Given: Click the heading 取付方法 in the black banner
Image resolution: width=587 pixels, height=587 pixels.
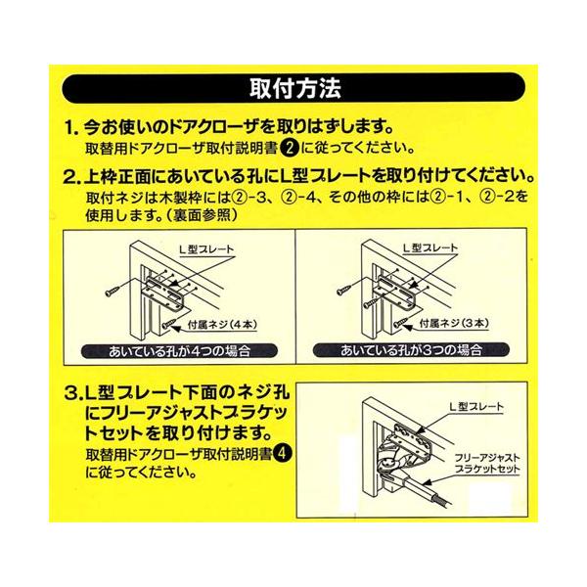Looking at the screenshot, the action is point(295,89).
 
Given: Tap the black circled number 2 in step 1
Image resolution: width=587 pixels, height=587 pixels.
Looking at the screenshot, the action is point(290,149).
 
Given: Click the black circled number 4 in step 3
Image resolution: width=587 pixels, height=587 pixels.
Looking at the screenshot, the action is point(283,453).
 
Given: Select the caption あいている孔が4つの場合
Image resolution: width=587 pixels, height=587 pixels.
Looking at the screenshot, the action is point(179,351).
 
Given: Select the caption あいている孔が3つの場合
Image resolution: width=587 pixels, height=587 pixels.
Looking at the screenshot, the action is point(411,350).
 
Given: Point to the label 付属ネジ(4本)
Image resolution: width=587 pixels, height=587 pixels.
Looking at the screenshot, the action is point(222,324).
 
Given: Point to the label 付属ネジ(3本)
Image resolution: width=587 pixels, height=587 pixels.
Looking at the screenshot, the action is point(454,323).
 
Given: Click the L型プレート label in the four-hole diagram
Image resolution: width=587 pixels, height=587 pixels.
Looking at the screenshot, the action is point(206,249).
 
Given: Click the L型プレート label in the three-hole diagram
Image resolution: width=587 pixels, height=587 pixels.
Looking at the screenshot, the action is point(430,248).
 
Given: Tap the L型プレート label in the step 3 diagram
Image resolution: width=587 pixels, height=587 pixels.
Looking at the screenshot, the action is point(476,406).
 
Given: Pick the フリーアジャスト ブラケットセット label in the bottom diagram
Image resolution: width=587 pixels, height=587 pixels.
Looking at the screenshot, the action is point(487,463).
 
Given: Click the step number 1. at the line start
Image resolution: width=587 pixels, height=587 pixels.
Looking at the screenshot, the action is point(71,128).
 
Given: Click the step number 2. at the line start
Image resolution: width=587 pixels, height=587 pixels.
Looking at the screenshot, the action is point(71,177).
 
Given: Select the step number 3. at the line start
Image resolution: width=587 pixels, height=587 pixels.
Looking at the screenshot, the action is point(73,394).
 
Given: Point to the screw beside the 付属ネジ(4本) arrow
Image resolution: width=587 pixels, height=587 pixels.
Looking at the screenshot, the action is point(168,323).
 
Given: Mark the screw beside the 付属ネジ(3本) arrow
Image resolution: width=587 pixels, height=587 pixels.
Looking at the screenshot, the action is point(400,322).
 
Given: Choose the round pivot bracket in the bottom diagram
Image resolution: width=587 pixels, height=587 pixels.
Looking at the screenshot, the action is point(386,464).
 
